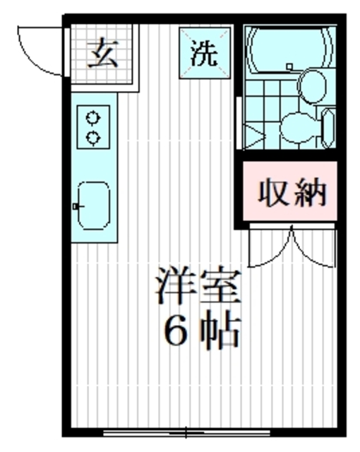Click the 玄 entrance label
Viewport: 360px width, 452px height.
point(102,54)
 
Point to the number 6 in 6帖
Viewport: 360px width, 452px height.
point(176,330)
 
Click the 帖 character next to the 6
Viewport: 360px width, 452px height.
point(224,330)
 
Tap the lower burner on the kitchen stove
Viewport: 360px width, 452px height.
point(92,137)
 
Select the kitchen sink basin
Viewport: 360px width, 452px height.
point(93,206)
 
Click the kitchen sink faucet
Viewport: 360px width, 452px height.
point(76,206)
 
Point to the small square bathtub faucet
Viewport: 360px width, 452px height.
point(289,67)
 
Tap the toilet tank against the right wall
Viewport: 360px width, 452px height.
point(327,129)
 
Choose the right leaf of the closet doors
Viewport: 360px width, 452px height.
point(311,249)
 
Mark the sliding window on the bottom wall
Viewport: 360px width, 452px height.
point(187,431)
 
